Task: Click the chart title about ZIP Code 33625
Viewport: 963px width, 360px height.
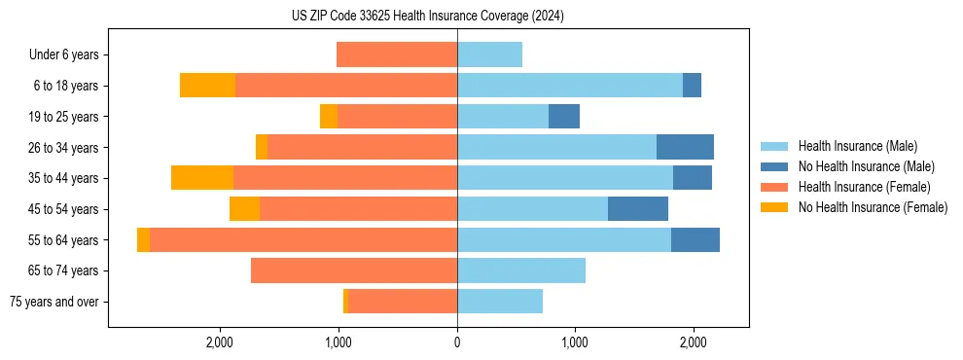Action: (428, 17)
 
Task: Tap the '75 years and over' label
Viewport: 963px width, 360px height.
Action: (54, 302)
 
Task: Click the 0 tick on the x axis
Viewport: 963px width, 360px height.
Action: (457, 342)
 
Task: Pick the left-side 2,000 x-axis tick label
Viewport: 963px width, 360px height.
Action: (220, 342)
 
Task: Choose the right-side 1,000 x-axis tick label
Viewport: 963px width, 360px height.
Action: (575, 342)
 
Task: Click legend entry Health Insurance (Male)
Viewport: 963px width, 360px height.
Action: (857, 146)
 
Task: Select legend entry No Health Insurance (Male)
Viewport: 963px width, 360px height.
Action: (866, 166)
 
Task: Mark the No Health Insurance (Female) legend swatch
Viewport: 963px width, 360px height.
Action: (774, 207)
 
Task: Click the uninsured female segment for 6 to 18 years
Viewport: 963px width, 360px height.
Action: (207, 86)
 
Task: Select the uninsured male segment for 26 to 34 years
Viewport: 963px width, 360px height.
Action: (685, 147)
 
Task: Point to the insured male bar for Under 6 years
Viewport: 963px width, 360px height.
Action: (489, 54)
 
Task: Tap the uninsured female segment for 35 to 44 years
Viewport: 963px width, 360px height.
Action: (202, 178)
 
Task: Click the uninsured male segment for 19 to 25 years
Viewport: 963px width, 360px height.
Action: (564, 117)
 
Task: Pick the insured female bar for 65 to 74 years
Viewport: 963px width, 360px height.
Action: (354, 270)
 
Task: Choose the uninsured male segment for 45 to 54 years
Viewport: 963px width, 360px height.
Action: (638, 209)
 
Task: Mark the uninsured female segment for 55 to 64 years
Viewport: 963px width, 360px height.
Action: (143, 240)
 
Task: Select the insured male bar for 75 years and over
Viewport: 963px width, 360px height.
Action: (500, 302)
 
